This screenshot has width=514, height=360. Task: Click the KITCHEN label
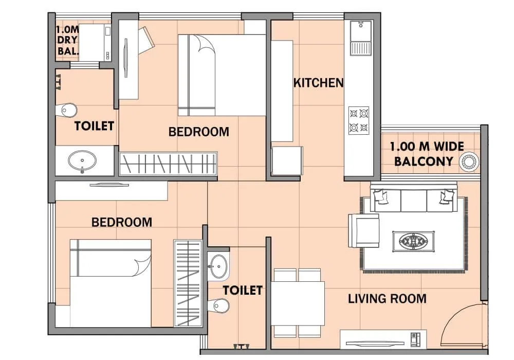click(x=318, y=82)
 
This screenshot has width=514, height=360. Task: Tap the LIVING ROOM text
click(x=387, y=298)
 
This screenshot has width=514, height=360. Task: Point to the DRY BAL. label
click(x=67, y=40)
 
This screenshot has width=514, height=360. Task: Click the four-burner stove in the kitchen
click(x=359, y=120)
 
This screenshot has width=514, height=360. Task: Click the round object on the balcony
click(x=469, y=161)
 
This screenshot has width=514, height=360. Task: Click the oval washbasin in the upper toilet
click(x=82, y=160)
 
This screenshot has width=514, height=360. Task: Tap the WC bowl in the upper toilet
click(x=67, y=110)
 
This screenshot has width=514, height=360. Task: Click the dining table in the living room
click(x=299, y=303)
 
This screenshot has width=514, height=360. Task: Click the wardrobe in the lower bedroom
click(x=188, y=283)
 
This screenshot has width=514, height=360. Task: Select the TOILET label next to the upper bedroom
click(x=94, y=126)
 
